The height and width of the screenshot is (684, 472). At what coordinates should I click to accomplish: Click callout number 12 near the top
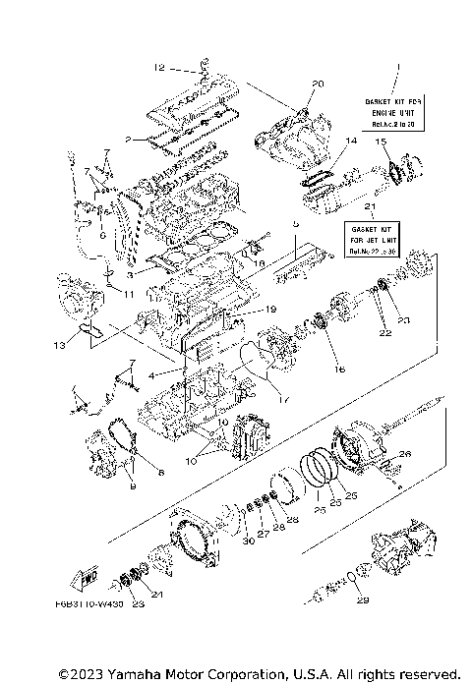(x=159, y=68)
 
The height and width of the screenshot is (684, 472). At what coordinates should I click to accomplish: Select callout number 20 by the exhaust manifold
(x=318, y=84)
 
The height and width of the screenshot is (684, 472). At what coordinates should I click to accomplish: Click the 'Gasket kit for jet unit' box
(x=372, y=239)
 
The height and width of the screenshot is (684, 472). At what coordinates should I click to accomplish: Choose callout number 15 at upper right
(x=379, y=142)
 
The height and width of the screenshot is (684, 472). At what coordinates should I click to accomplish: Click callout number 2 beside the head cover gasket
(x=128, y=140)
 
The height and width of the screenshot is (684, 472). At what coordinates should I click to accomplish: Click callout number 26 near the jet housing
(x=404, y=454)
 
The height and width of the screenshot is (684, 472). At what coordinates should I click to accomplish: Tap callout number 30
(x=246, y=540)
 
